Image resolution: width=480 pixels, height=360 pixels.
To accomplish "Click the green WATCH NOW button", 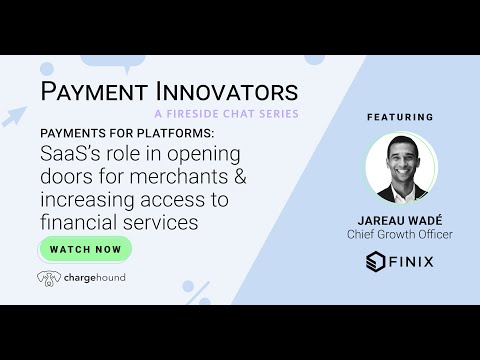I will (86, 248).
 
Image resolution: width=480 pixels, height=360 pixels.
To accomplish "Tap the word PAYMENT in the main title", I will (96, 91).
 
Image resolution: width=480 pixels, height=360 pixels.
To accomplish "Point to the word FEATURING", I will (399, 116).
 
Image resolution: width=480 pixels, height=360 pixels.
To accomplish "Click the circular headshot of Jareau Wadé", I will (399, 167).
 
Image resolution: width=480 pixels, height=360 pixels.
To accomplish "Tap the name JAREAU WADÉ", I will (399, 220).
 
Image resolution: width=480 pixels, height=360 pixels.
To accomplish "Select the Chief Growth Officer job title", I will (399, 235).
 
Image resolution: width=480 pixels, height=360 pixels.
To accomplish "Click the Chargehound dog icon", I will (48, 277).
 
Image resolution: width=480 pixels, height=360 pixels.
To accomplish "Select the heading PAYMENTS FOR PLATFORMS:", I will (119, 134).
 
